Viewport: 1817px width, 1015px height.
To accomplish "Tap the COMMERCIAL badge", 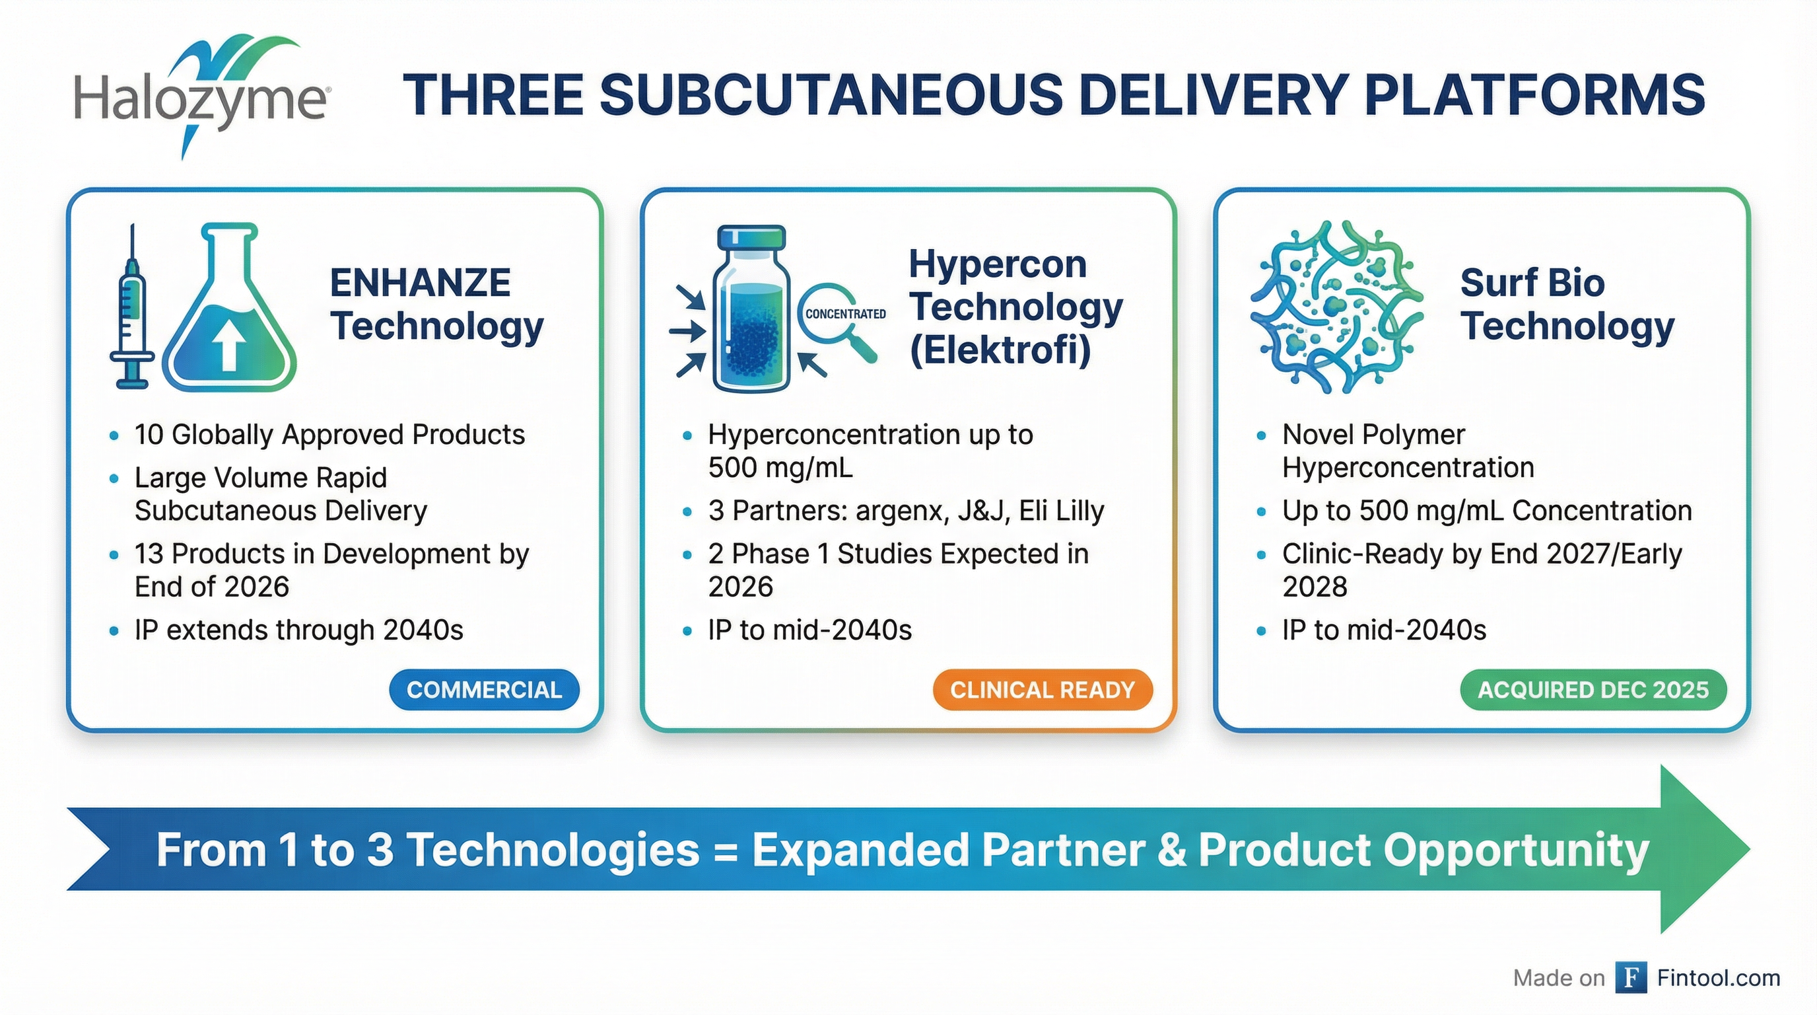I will (x=484, y=690).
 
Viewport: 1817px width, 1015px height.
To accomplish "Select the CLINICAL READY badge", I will (x=1042, y=690).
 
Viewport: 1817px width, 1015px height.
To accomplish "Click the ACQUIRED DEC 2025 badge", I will (x=1593, y=690).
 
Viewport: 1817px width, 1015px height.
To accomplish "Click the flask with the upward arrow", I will (x=230, y=311).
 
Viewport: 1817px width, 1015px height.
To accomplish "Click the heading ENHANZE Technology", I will (x=436, y=304).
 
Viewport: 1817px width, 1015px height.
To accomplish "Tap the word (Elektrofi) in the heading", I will (x=1000, y=350).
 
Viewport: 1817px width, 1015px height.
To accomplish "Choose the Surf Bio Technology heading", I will (x=1567, y=304).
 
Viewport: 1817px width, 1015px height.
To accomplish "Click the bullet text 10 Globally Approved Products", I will (x=329, y=435).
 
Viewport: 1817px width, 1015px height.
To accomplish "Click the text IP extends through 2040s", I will (x=298, y=630).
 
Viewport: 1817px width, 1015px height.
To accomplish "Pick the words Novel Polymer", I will (x=1373, y=435).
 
